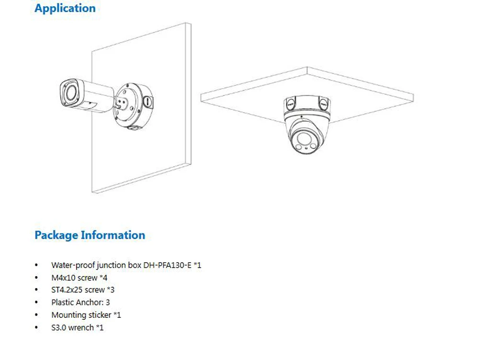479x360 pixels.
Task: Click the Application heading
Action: (x=65, y=9)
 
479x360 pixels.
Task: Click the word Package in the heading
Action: (x=57, y=235)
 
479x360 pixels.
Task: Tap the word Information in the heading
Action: (x=113, y=235)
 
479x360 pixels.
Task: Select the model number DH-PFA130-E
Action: (x=167, y=265)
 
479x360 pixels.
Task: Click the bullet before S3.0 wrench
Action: (x=37, y=327)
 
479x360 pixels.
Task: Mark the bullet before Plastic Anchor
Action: (x=37, y=302)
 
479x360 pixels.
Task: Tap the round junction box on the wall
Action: (x=132, y=106)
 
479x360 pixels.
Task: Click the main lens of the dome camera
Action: (x=304, y=139)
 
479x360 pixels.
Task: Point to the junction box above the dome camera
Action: (x=307, y=106)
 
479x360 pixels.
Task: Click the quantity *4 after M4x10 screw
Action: (x=103, y=278)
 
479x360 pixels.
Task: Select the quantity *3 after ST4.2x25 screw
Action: (x=111, y=290)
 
